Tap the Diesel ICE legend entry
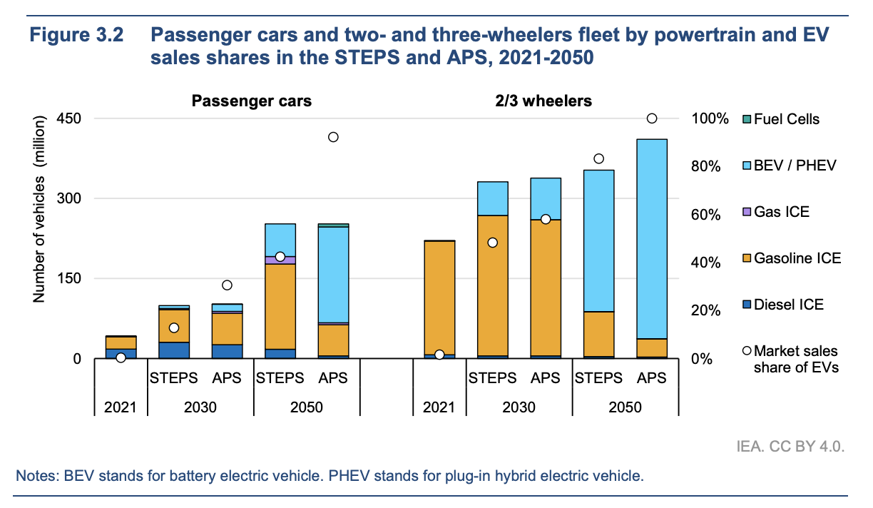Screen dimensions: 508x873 coord(788,305)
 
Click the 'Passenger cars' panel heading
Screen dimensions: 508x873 coord(251,101)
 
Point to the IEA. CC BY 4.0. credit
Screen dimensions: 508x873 coord(790,447)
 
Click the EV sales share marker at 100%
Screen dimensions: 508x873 coord(651,118)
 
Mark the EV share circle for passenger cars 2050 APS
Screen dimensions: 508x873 coord(333,137)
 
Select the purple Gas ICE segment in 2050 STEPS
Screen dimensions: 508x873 coord(280,260)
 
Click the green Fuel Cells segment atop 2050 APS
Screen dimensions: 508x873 coord(333,225)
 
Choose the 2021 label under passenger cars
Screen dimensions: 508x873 coord(121,407)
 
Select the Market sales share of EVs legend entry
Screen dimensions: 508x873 coord(795,359)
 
